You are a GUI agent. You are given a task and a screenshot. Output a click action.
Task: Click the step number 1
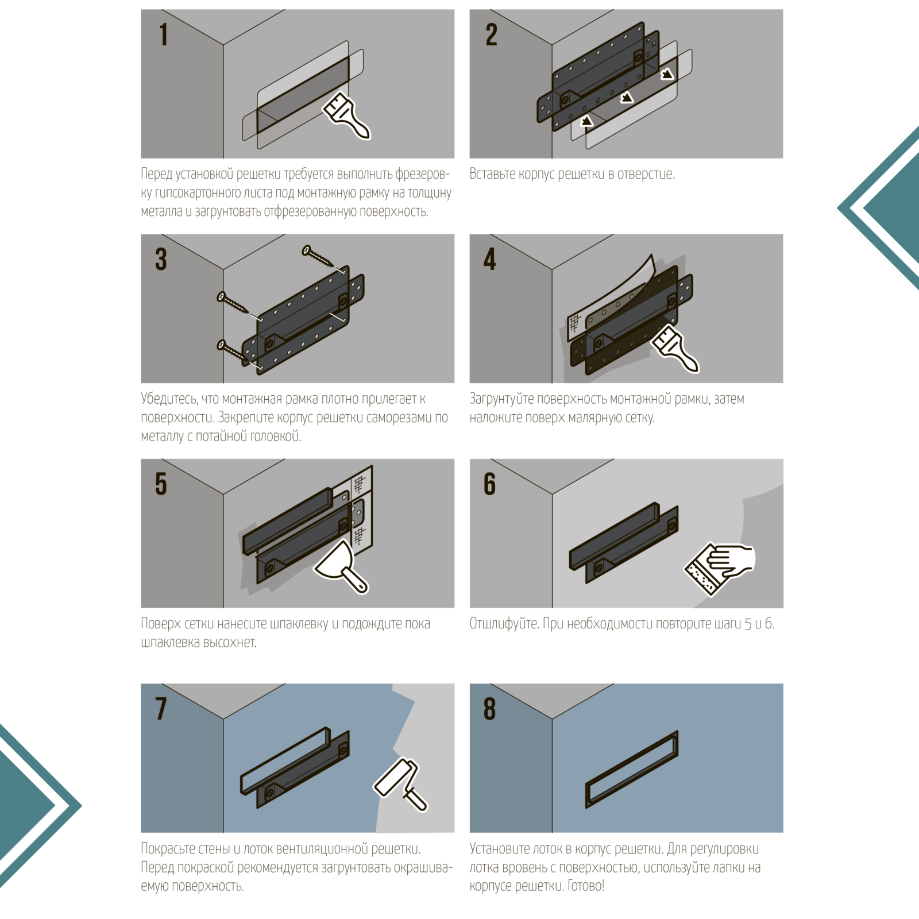[x=164, y=34]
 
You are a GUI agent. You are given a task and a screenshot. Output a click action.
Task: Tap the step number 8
[x=490, y=708]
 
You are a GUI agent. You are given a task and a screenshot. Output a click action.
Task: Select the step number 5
[x=161, y=484]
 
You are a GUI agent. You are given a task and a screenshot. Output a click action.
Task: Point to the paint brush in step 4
[x=675, y=348]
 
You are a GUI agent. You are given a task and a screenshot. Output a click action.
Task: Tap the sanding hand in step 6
[x=720, y=567]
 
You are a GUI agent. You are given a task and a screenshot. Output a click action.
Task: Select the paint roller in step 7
[x=401, y=785]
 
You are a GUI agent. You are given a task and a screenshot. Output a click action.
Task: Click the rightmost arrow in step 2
[x=667, y=74]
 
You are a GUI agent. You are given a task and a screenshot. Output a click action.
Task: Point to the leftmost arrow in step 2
[x=586, y=121]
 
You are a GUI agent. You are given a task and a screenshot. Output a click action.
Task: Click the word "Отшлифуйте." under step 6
[x=504, y=624]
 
